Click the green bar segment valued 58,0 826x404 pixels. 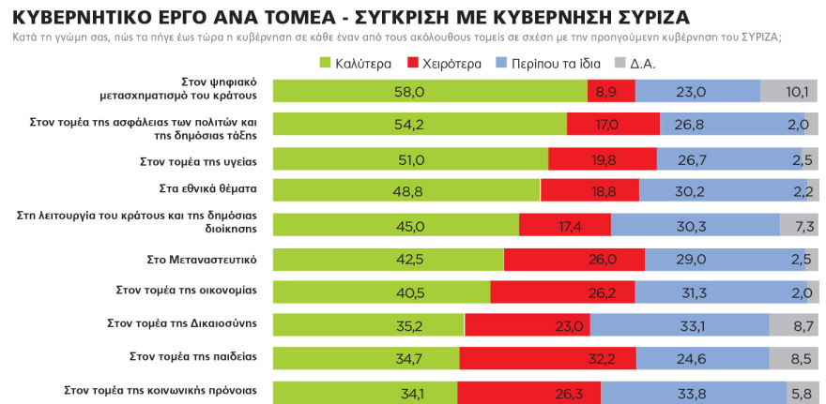(x=429, y=91)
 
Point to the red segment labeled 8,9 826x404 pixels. (x=611, y=91)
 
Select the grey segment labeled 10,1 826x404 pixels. (x=788, y=91)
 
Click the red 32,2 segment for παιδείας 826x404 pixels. (x=546, y=357)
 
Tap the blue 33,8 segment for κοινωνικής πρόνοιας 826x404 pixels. (x=694, y=391)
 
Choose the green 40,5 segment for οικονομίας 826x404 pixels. (x=381, y=292)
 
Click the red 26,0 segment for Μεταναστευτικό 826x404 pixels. (x=574, y=259)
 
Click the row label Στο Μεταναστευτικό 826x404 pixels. (x=212, y=257)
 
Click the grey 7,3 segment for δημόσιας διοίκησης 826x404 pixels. (x=799, y=225)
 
